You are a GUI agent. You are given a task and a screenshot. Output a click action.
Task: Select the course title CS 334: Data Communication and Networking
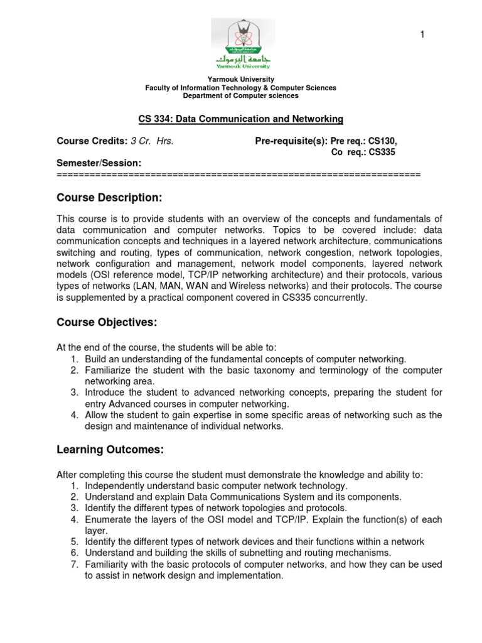[x=240, y=119]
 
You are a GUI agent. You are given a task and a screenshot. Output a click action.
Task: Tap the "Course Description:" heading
[x=109, y=198]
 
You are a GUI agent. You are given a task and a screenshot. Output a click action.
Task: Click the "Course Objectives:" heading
[x=106, y=322]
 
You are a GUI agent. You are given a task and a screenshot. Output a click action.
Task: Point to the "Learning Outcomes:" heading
[x=110, y=450]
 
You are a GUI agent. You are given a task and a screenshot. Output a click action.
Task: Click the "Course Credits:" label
[x=92, y=141]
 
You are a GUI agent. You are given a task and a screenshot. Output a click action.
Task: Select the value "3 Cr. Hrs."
[x=151, y=141]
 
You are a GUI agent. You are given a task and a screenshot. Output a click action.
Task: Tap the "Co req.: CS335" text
[x=363, y=152]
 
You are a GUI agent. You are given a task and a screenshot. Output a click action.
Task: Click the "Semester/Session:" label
[x=99, y=163]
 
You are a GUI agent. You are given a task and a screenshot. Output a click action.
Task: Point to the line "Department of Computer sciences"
[x=240, y=96]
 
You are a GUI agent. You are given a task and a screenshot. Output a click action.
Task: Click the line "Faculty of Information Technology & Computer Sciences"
[x=240, y=88]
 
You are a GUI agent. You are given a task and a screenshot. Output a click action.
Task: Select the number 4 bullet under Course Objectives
[x=73, y=415]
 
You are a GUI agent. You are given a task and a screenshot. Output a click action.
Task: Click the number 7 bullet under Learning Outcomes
[x=73, y=565]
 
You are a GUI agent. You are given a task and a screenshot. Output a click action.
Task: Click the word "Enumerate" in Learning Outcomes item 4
[x=107, y=519]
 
